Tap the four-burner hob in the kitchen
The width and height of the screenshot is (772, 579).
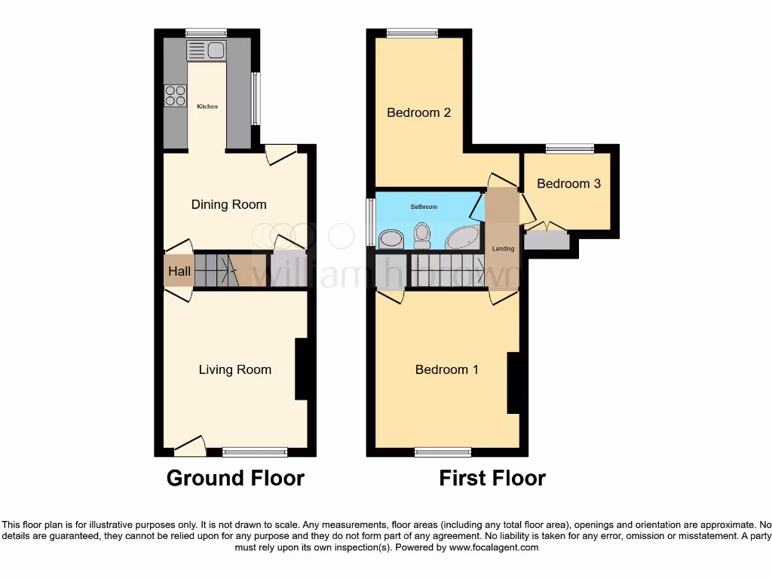[x=175, y=96]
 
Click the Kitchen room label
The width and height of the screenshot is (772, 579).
[x=207, y=107]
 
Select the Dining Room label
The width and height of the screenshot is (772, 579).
[x=228, y=204]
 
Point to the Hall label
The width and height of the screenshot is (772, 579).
[x=179, y=271]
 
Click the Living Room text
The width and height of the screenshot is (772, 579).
[x=234, y=369]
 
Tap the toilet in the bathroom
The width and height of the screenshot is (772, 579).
[x=422, y=235]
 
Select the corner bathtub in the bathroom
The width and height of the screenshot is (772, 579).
[x=462, y=237]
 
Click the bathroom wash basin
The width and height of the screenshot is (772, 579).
[x=391, y=239]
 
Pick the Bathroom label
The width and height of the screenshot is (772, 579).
[x=423, y=207]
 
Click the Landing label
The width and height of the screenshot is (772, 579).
[x=503, y=249]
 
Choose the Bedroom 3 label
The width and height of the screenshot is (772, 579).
[x=568, y=183]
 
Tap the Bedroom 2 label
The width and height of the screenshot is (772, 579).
[x=418, y=112]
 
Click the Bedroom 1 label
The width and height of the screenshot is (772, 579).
[x=446, y=369]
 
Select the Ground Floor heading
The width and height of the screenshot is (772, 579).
[x=235, y=478]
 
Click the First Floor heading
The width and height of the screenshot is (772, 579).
[x=492, y=478]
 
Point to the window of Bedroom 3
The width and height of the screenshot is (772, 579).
[x=570, y=149]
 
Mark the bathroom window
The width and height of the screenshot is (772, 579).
[x=370, y=222]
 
